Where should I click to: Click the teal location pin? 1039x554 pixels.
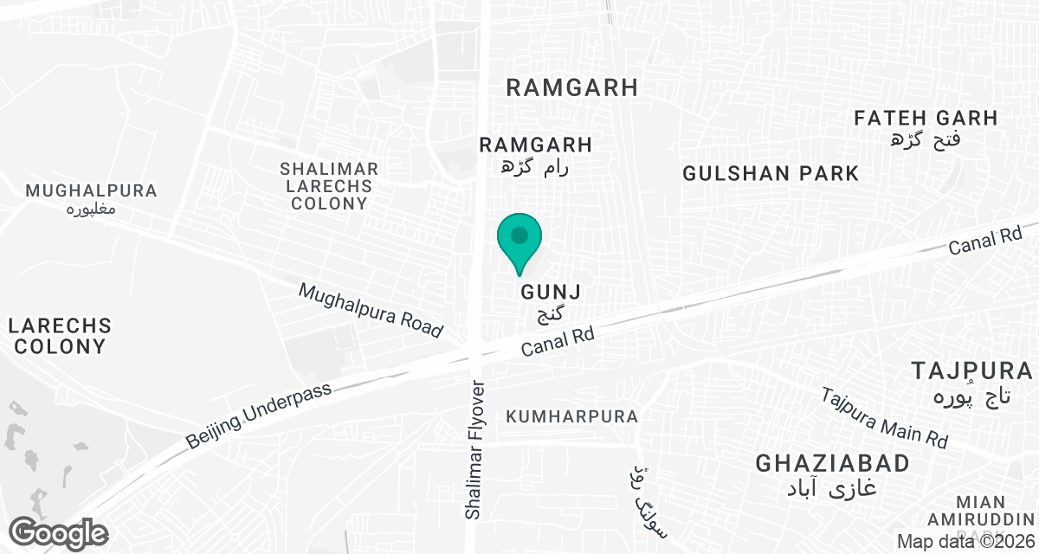(519, 241)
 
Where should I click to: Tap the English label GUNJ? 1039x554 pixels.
(549, 293)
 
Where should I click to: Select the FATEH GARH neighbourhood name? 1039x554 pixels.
(926, 118)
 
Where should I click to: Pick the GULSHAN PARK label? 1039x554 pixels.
(771, 173)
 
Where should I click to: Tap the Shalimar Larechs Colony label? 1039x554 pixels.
(329, 186)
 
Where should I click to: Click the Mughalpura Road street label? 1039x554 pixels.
(371, 310)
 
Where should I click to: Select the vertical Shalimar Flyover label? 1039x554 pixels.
(474, 449)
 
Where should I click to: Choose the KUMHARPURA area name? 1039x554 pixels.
(572, 416)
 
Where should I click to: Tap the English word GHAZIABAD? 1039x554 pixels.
(832, 463)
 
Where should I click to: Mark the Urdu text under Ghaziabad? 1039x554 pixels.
(832, 487)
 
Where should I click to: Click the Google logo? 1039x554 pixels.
(59, 532)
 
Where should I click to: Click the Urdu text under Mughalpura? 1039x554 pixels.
(92, 210)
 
